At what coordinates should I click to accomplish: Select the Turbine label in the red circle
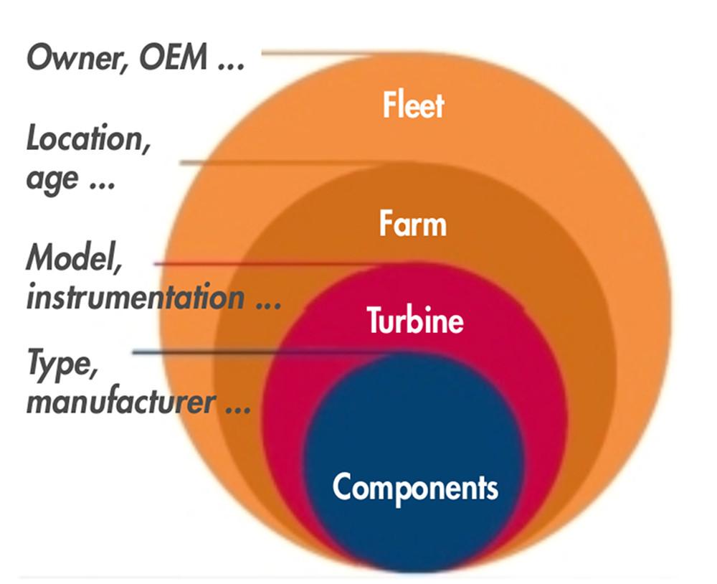point(415,319)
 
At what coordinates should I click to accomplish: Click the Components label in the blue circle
point(415,487)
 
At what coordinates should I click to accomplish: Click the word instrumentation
point(134,297)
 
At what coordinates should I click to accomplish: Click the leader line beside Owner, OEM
point(315,52)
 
